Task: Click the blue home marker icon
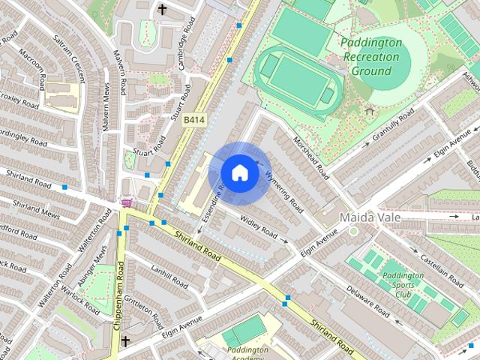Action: (239, 172)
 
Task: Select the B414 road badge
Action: (194, 120)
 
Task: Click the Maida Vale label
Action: (370, 217)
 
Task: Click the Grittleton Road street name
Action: (145, 311)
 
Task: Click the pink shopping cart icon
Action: (127, 202)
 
